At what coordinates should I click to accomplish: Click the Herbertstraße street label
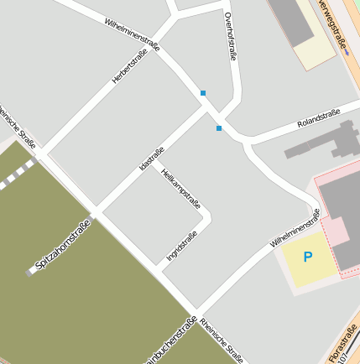coord(129,66)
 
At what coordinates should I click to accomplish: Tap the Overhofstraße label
coord(231,37)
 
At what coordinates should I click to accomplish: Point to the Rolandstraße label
coord(318,118)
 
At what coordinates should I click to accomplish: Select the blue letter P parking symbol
coord(307,257)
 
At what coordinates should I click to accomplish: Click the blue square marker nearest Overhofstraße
coord(203,92)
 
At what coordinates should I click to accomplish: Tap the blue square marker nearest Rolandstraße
coord(219,128)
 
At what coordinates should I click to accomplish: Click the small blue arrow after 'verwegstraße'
coord(346,51)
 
